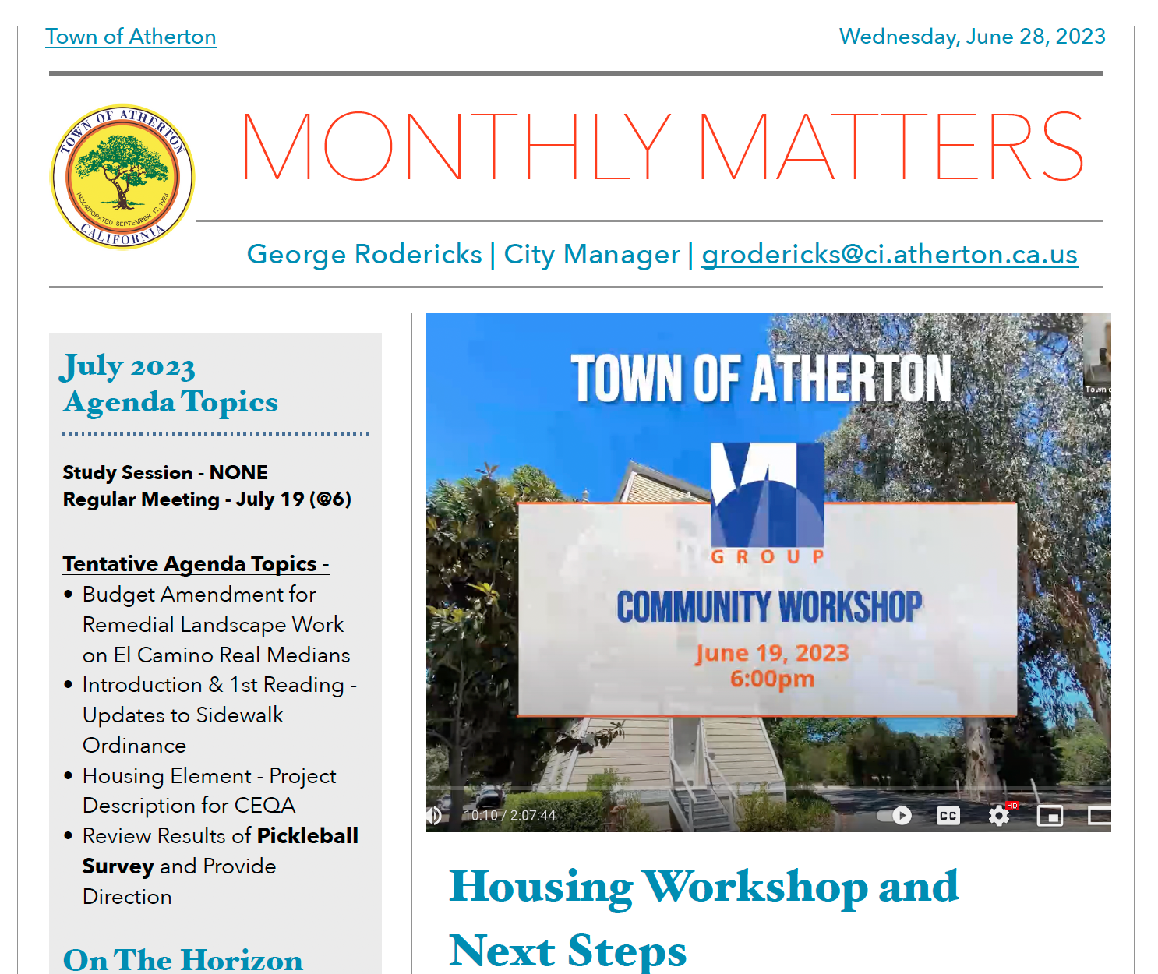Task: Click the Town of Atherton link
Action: pos(130,37)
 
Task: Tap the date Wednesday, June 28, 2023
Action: pos(972,37)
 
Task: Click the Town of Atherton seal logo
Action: pos(122,177)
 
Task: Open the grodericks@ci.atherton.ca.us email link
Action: pos(889,254)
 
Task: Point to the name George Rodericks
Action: pos(364,254)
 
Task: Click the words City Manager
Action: pos(591,254)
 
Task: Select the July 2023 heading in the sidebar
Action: pos(128,366)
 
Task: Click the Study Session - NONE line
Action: pos(165,472)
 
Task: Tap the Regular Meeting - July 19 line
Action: pos(207,499)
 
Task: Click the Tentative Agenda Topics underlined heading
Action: pos(196,563)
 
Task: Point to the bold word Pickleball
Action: pos(307,835)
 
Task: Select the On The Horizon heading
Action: pos(183,959)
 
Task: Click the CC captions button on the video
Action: pos(948,816)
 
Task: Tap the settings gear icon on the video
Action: pos(998,816)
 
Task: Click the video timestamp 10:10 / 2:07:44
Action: pos(510,816)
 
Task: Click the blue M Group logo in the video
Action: pos(767,496)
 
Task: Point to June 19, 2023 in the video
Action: pos(771,653)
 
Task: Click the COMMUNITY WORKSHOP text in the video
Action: pos(769,606)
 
